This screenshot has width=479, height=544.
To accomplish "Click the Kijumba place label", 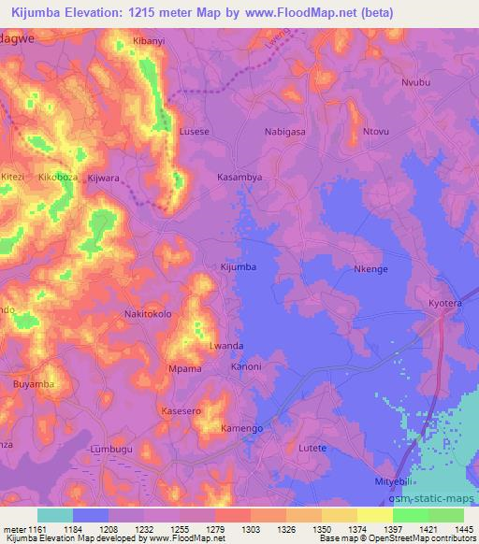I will pos(238,267).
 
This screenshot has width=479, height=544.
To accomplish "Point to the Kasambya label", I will pos(239,176).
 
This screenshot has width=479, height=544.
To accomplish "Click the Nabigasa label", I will pos(285,132).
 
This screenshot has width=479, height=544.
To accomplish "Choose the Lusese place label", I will pos(194,132).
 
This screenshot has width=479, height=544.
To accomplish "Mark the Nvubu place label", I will pos(416,82).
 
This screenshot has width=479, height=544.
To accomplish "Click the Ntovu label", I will pos(376,132).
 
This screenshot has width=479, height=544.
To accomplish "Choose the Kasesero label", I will pos(181,410).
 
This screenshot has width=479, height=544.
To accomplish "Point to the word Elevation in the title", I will pos(103,12).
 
